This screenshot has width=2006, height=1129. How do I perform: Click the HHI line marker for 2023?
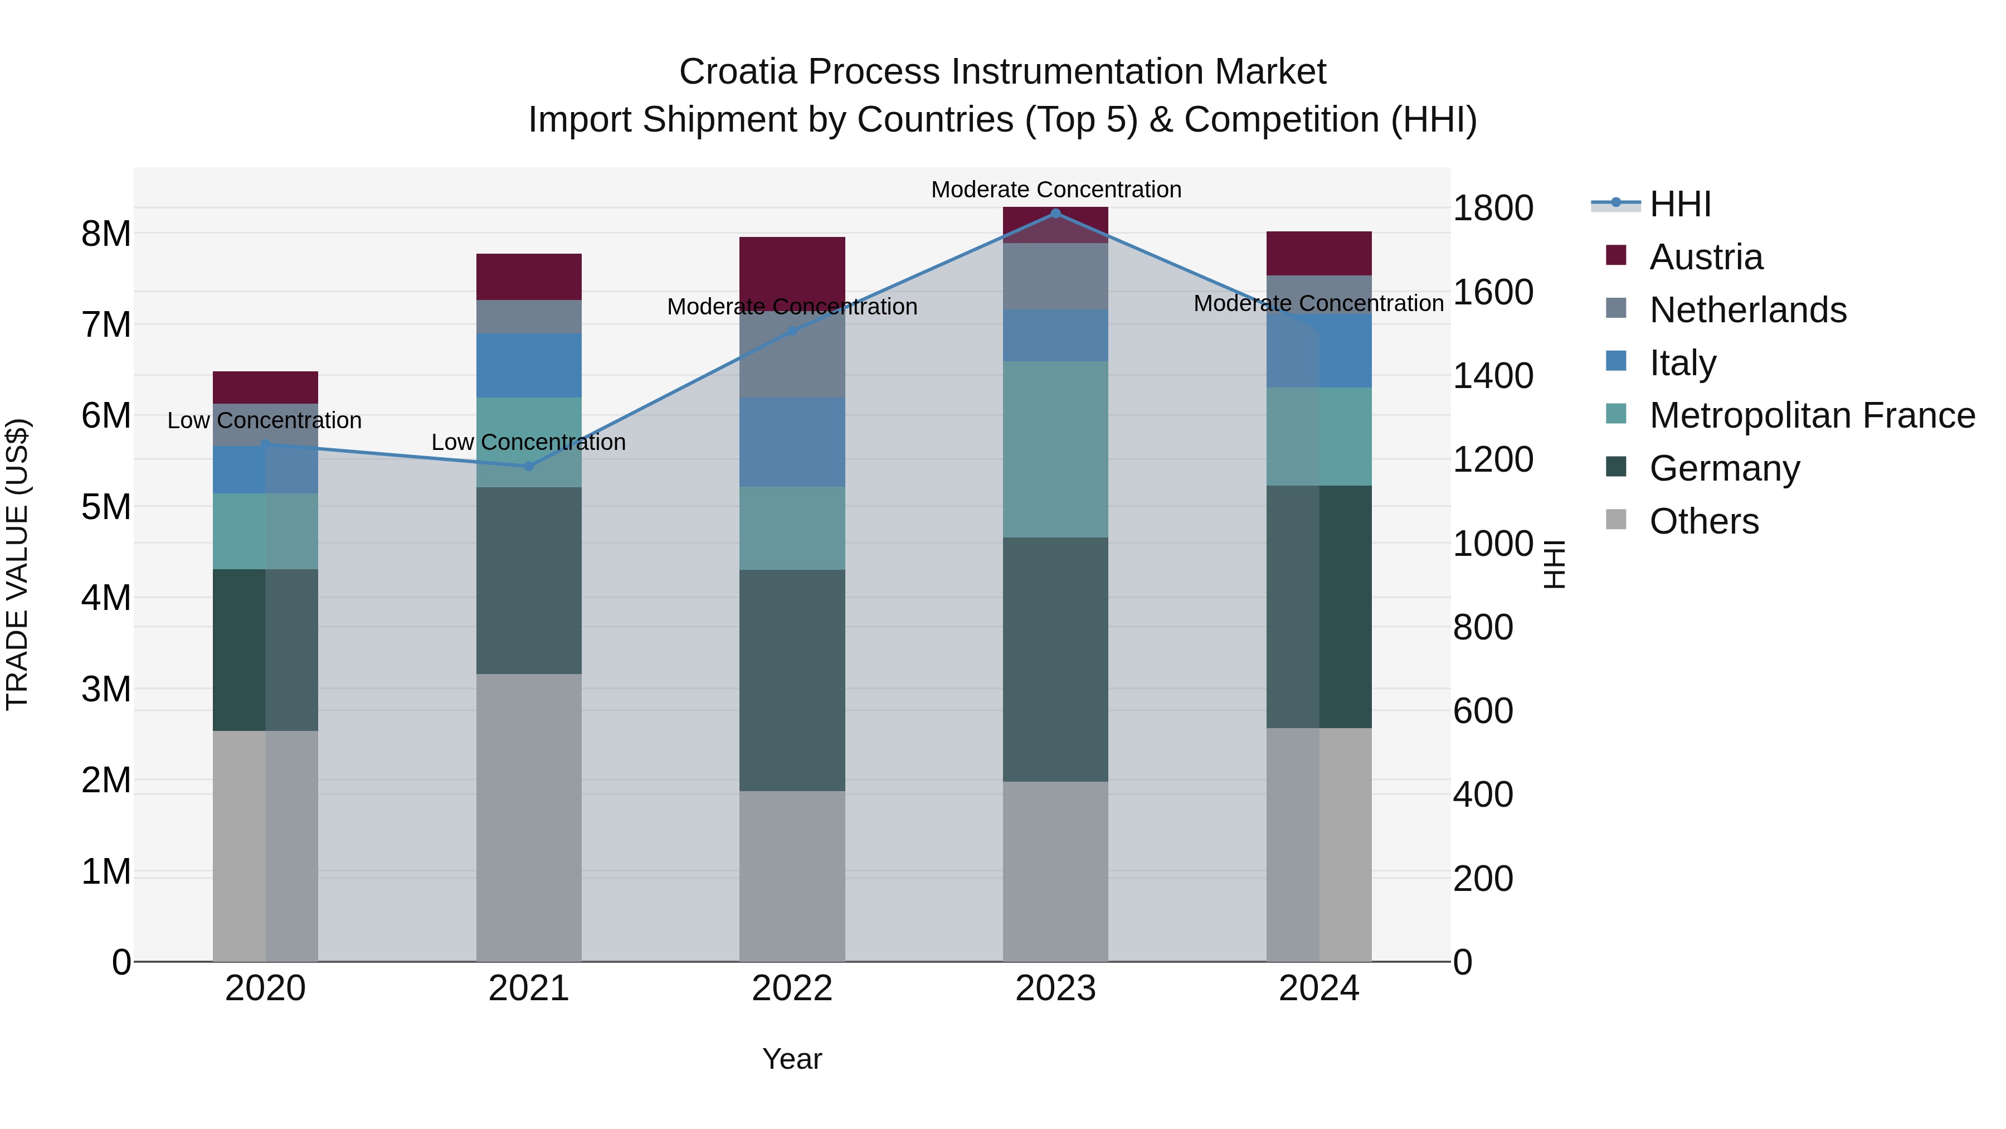click(1055, 213)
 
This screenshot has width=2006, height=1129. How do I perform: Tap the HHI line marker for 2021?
click(529, 466)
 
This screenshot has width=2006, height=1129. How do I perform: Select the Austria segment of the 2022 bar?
click(792, 273)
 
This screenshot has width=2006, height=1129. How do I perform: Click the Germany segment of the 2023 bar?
click(1055, 659)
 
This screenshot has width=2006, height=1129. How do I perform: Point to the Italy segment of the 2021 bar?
click(529, 365)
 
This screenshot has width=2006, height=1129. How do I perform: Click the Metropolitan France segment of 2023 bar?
click(1055, 449)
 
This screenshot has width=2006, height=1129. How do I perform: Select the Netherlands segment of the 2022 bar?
click(792, 355)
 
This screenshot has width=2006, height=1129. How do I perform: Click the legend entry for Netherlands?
click(1747, 310)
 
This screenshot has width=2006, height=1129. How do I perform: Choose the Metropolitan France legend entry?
click(1812, 416)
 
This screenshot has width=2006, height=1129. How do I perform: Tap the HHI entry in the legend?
click(1679, 204)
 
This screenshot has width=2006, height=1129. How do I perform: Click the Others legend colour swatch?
click(1616, 520)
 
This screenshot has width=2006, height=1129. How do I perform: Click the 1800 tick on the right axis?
click(1492, 209)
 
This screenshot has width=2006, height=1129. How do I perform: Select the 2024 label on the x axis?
click(1318, 989)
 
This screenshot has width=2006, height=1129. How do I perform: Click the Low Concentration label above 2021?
click(529, 443)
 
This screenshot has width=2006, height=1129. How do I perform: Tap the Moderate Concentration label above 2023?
click(1056, 190)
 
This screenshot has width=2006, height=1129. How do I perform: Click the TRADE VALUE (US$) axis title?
click(18, 564)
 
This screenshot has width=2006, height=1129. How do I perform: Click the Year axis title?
click(792, 1059)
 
